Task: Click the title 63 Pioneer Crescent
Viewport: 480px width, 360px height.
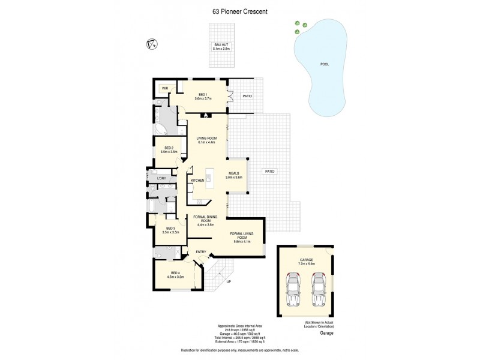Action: point(239,10)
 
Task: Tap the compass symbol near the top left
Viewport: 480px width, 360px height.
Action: point(152,43)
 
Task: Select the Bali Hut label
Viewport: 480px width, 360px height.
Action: point(221,45)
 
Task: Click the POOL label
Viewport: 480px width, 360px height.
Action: point(325,64)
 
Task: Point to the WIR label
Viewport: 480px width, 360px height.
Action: point(164,88)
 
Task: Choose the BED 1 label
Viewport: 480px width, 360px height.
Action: point(203,94)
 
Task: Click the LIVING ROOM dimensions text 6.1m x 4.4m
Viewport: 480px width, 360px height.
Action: point(206,142)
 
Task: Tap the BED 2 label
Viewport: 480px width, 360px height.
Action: point(169,148)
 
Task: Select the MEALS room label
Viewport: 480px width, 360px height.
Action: point(234,173)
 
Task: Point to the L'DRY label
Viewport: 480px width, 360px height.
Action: point(161,178)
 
